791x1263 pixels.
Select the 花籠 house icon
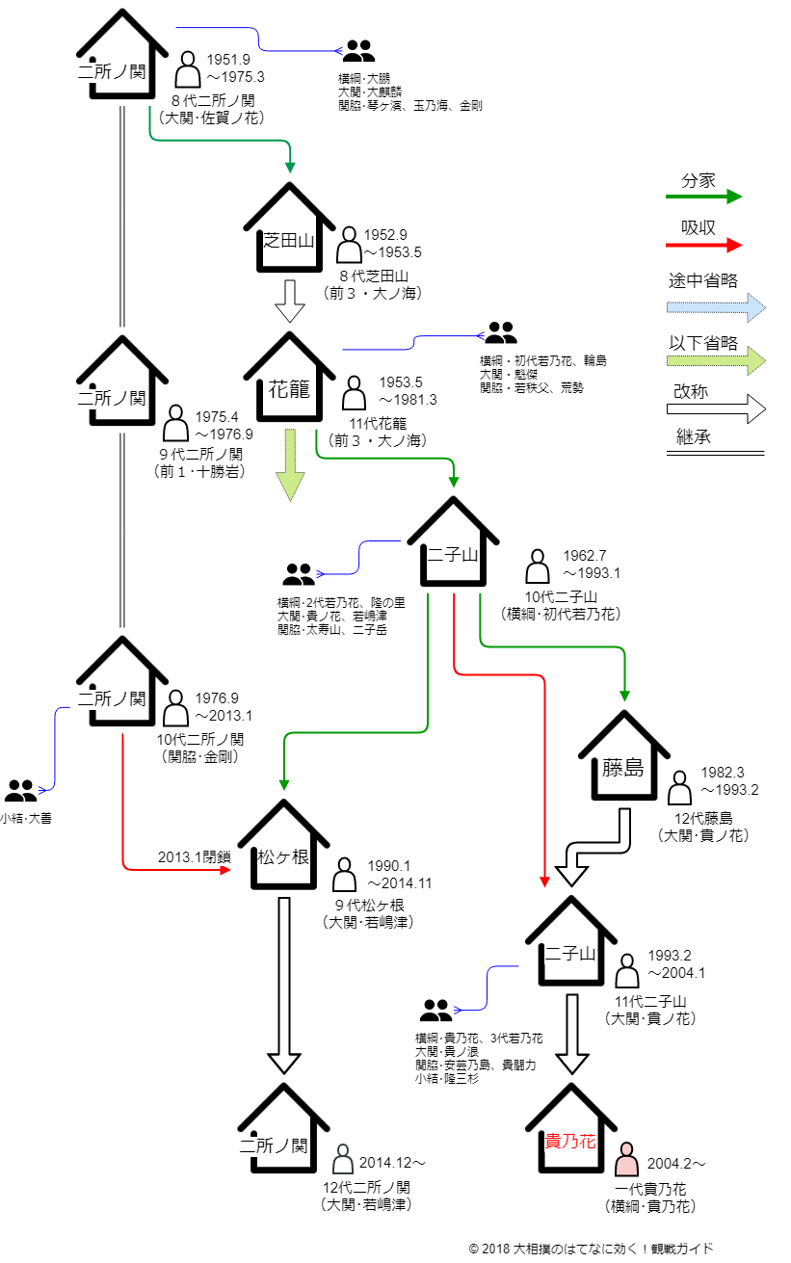click(x=289, y=376)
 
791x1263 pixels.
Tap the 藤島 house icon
click(x=623, y=755)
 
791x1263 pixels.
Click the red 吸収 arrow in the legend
click(x=704, y=245)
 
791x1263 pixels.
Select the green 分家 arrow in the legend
click(x=704, y=197)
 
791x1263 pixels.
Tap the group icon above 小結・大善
click(x=20, y=791)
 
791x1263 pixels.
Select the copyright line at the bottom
click(x=591, y=1249)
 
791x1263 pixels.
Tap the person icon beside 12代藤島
click(x=679, y=787)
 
